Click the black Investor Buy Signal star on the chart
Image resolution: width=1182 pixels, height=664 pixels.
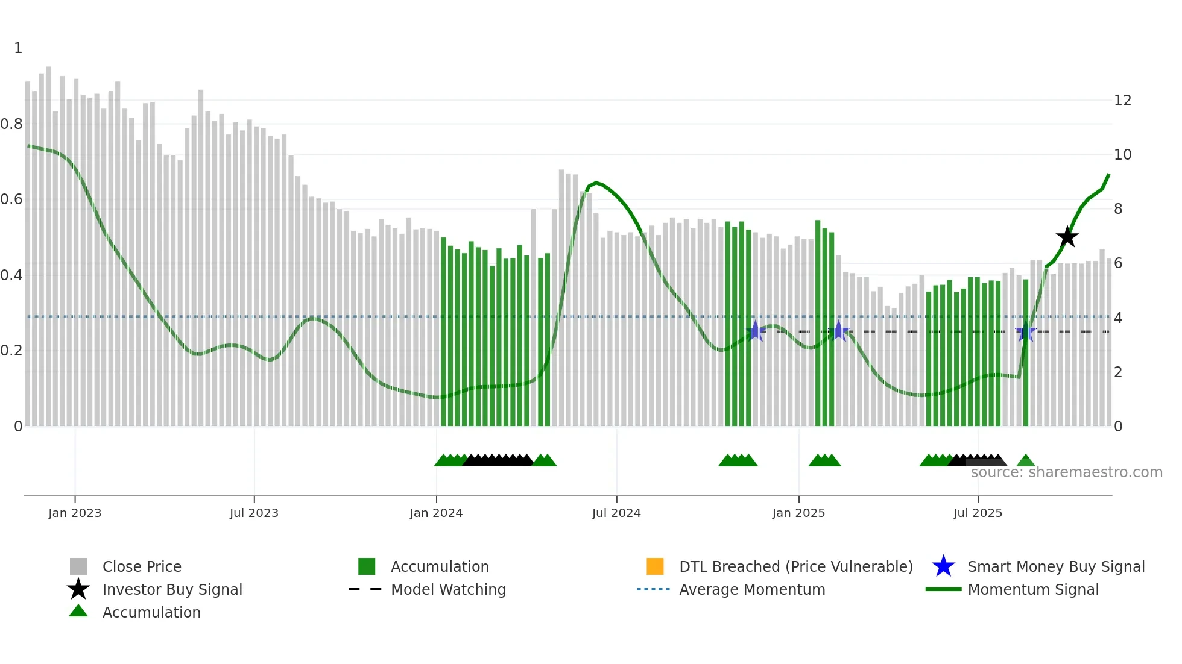click(x=1067, y=237)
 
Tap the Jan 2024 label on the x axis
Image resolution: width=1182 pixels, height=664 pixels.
click(x=436, y=513)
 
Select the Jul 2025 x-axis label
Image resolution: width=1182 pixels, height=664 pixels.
click(x=978, y=513)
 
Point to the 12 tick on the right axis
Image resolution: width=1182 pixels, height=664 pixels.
click(x=1122, y=101)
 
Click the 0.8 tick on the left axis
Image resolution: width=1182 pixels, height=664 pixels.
click(x=12, y=124)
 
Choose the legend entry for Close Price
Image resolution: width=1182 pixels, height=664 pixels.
click(x=142, y=566)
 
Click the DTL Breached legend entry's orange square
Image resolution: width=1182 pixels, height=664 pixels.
click(x=655, y=566)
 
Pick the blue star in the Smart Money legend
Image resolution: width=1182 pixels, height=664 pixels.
click(x=943, y=566)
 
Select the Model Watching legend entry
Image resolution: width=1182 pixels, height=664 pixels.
click(x=448, y=589)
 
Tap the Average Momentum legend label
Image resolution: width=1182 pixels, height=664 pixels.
click(x=752, y=589)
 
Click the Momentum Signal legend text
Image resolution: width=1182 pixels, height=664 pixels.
click(x=1033, y=589)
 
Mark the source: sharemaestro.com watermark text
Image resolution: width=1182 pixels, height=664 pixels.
click(x=1066, y=472)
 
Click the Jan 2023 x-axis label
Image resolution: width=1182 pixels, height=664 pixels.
click(x=75, y=513)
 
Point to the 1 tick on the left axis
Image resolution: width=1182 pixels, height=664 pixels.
click(x=18, y=48)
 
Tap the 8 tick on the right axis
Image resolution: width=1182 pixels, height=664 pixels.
click(x=1118, y=209)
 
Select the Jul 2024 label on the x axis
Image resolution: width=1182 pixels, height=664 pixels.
click(x=616, y=513)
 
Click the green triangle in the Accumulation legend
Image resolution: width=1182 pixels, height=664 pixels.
click(x=78, y=611)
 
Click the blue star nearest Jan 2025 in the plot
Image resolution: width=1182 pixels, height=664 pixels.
click(x=838, y=331)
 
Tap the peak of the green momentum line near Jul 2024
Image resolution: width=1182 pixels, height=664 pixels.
click(x=596, y=182)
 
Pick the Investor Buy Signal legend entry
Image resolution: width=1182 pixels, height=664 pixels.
click(x=172, y=589)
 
